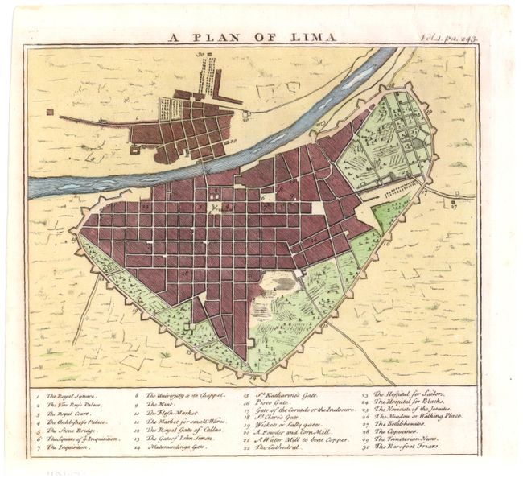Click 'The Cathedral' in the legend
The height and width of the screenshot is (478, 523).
click(x=281, y=448)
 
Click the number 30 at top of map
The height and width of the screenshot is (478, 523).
click(x=208, y=55)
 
